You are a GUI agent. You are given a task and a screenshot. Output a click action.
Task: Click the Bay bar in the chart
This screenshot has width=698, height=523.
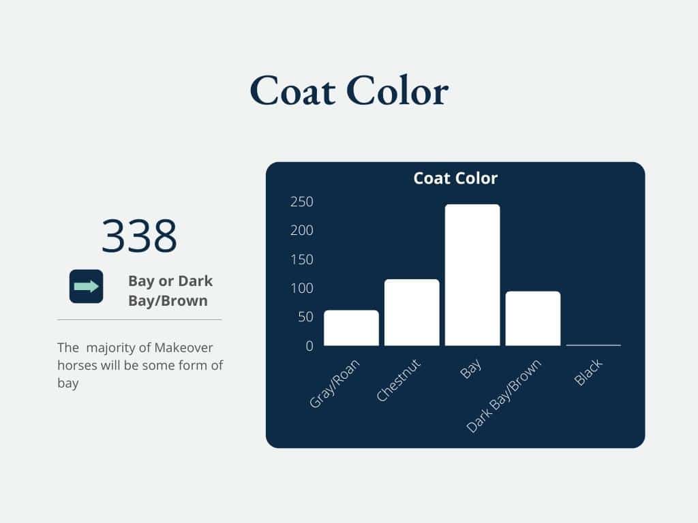(x=472, y=275)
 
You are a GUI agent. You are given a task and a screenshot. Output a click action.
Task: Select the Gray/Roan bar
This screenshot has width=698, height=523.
(x=351, y=328)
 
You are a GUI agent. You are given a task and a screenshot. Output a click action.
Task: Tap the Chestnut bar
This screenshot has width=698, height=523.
(x=412, y=312)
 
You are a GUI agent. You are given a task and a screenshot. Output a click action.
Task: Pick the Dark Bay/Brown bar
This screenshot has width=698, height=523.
(x=533, y=319)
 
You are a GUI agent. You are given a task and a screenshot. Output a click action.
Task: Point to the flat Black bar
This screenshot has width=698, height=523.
(x=594, y=345)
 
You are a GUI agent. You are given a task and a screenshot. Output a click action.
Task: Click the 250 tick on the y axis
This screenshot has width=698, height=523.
(x=302, y=202)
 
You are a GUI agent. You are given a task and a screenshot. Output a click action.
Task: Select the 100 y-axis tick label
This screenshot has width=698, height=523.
(x=302, y=288)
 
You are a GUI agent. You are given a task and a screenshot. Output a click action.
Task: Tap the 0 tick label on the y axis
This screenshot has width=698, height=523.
(x=309, y=346)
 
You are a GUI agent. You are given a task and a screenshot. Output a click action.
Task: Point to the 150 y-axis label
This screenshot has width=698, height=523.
(x=302, y=259)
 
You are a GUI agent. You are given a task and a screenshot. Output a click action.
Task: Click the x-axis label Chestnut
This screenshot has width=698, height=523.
(x=398, y=380)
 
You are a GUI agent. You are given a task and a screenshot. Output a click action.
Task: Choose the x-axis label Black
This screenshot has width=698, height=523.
(x=588, y=373)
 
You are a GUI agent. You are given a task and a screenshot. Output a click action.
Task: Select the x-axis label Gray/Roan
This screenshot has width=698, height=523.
(x=334, y=383)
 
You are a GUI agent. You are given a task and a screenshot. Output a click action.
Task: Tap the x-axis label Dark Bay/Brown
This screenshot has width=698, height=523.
(x=504, y=396)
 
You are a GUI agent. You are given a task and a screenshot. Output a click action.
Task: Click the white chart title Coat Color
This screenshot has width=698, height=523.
(x=455, y=178)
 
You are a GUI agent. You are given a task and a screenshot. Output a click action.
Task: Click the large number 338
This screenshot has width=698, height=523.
(x=139, y=235)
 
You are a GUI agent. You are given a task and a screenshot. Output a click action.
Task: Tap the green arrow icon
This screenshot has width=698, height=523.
(x=87, y=287)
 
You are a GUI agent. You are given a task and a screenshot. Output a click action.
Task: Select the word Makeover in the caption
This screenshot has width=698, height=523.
(x=184, y=347)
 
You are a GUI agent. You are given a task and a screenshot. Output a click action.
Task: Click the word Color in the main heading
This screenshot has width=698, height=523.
(x=397, y=91)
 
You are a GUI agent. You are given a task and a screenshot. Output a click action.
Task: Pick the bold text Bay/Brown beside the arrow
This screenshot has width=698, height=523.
(x=168, y=301)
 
